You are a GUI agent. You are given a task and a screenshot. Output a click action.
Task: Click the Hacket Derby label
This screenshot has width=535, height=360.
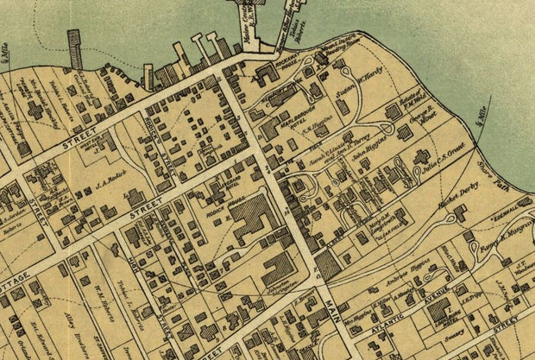coord(452,208)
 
